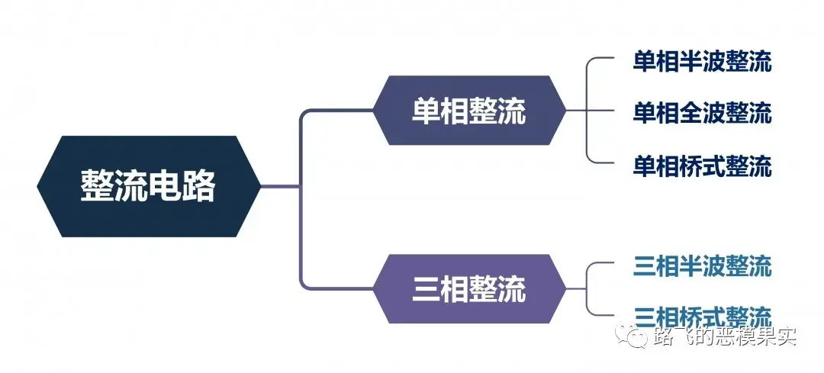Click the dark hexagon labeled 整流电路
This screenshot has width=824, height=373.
pos(148,186)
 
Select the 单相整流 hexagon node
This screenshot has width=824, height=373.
pos(468,111)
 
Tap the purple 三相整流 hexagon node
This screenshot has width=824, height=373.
pos(468,290)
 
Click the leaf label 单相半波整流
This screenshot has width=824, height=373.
pos(702,62)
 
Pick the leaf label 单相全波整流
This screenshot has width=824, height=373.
pos(702,113)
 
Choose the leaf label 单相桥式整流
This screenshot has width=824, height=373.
pos(702,166)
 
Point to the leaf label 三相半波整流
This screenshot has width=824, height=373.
pos(702,266)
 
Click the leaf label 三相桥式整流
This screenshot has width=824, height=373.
pos(702,314)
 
